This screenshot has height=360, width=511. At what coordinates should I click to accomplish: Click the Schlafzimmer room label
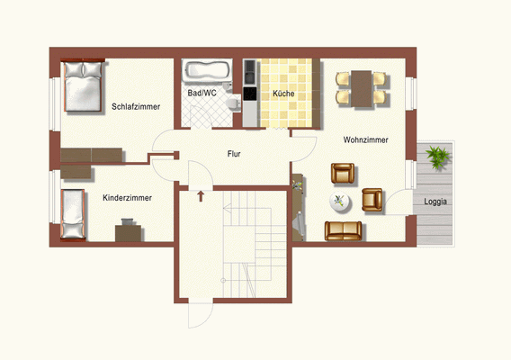click(136, 106)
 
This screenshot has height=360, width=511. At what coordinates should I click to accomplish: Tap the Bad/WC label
click(202, 93)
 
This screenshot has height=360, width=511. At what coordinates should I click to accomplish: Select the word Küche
click(283, 93)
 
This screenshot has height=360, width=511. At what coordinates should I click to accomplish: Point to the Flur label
click(233, 154)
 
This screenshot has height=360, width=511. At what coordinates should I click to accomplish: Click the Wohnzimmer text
click(365, 139)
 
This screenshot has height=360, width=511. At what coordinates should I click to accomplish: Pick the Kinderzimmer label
click(127, 197)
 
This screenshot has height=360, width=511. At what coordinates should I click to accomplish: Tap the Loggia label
click(436, 202)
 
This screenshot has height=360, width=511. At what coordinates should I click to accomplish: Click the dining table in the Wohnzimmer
click(361, 86)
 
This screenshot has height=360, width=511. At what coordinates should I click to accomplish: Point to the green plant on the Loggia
click(438, 158)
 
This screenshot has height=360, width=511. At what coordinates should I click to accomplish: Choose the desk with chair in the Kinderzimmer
click(128, 231)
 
